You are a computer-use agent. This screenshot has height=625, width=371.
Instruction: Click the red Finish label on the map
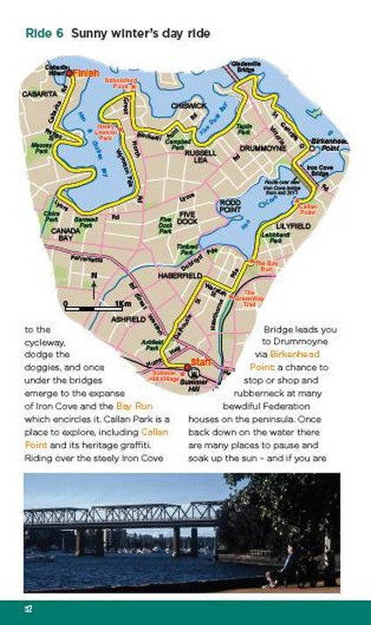(86, 73)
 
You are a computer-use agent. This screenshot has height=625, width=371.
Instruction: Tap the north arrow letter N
(92, 276)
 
